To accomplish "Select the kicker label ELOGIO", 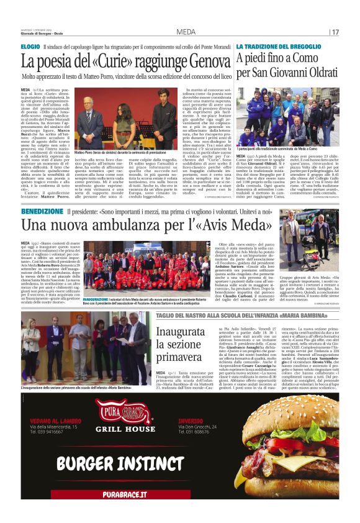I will (30, 47).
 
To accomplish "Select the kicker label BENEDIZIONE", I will (42, 212).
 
